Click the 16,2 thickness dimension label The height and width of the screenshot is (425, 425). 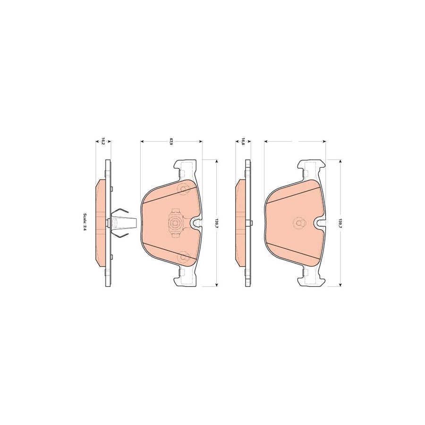coord(103,141)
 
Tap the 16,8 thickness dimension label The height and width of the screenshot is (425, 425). coord(243,141)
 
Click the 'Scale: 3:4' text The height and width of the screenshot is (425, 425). coord(85,222)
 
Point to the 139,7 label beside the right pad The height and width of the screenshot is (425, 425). coord(340,222)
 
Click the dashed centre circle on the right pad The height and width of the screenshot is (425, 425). coord(298,222)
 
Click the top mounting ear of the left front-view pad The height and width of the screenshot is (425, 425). coord(184,167)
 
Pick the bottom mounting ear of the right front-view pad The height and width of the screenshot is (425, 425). coord(310,279)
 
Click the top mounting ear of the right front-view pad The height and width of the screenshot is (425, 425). coord(310,166)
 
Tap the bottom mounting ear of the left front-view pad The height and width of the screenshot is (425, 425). coord(184,279)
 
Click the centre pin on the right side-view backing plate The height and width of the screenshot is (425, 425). coord(251,222)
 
